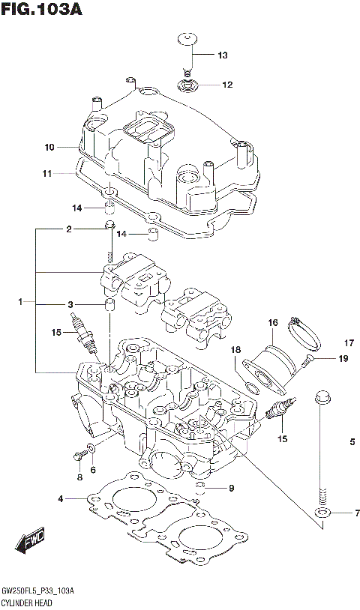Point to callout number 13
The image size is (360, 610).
(222, 55)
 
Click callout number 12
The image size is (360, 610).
(226, 85)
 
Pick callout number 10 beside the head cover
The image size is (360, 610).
(49, 146)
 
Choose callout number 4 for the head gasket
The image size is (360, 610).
(60, 498)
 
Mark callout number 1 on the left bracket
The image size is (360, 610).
(22, 302)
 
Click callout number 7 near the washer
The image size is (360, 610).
(357, 513)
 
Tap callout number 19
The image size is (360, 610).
(343, 359)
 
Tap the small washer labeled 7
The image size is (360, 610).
(323, 513)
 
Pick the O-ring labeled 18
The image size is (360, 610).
(253, 382)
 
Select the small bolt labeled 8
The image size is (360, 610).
(78, 454)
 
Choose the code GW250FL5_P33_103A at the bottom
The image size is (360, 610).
(42, 591)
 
